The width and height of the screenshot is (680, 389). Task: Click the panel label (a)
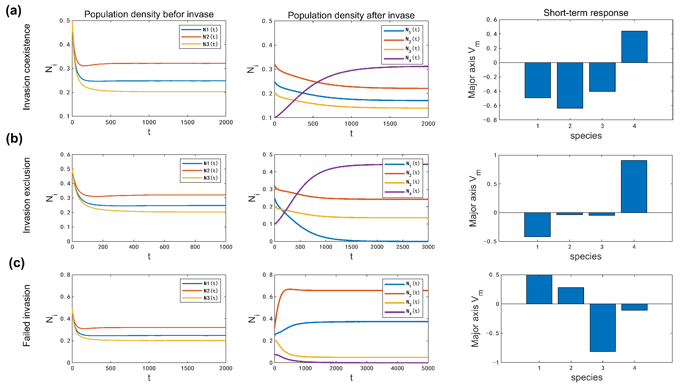pyautogui.click(x=14, y=11)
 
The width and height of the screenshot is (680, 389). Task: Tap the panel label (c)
pyautogui.click(x=17, y=263)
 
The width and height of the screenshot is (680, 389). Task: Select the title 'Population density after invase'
pyautogui.click(x=351, y=15)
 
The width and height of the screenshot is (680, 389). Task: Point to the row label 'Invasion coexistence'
pyautogui.click(x=27, y=67)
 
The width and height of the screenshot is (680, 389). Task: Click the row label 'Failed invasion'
pyautogui.click(x=27, y=315)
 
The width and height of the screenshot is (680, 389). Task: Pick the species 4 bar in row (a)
pyautogui.click(x=634, y=47)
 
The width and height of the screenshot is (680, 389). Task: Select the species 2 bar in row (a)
pyautogui.click(x=570, y=85)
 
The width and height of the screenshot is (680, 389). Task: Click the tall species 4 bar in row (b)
pyautogui.click(x=634, y=187)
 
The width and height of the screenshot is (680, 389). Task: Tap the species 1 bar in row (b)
pyautogui.click(x=537, y=225)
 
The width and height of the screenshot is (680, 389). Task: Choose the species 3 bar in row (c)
pyautogui.click(x=603, y=327)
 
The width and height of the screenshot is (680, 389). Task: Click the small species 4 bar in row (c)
pyautogui.click(x=634, y=307)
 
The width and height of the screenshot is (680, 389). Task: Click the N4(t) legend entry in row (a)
pyautogui.click(x=402, y=58)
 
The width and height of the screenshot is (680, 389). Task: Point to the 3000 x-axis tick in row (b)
pyautogui.click(x=428, y=247)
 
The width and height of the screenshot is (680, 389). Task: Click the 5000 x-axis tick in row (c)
pyautogui.click(x=428, y=368)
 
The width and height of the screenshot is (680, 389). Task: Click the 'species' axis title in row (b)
pyautogui.click(x=586, y=256)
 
